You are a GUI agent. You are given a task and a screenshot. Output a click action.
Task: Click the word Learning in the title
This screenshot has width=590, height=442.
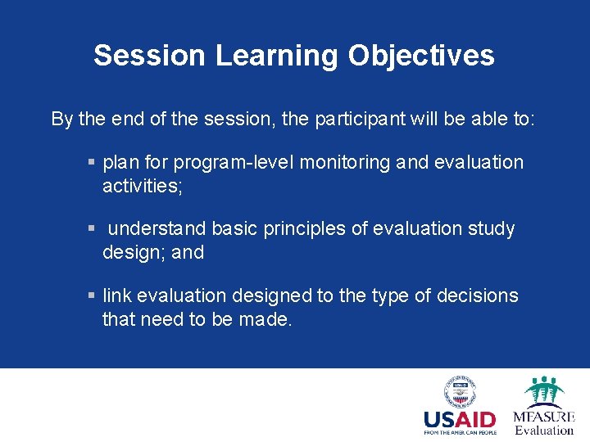click(276, 56)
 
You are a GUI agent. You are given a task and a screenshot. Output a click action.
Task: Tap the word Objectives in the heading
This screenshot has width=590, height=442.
click(421, 56)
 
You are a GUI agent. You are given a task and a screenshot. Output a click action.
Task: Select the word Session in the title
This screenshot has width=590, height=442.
click(149, 56)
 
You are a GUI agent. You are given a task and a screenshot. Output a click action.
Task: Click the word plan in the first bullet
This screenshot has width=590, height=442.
click(120, 162)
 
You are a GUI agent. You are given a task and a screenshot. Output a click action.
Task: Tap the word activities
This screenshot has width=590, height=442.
click(142, 187)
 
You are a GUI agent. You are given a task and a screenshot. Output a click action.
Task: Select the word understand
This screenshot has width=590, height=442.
click(158, 228)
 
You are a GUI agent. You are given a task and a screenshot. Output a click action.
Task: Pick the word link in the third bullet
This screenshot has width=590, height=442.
click(118, 295)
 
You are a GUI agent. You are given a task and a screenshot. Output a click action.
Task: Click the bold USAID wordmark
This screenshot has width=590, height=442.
click(460, 420)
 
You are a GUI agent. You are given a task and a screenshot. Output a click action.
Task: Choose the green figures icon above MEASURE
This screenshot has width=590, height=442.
click(544, 390)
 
